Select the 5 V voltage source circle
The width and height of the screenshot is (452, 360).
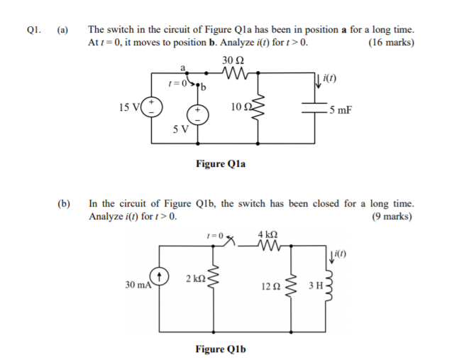pyautogui.click(x=199, y=115)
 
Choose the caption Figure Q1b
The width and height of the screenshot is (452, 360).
pyautogui.click(x=221, y=349)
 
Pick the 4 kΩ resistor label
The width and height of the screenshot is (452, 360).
pyautogui.click(x=268, y=234)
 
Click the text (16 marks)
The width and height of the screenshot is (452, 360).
pyautogui.click(x=392, y=43)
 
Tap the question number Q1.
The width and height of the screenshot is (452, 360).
pyautogui.click(x=34, y=31)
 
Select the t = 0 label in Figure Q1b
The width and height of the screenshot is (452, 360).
pyautogui.click(x=214, y=234)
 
